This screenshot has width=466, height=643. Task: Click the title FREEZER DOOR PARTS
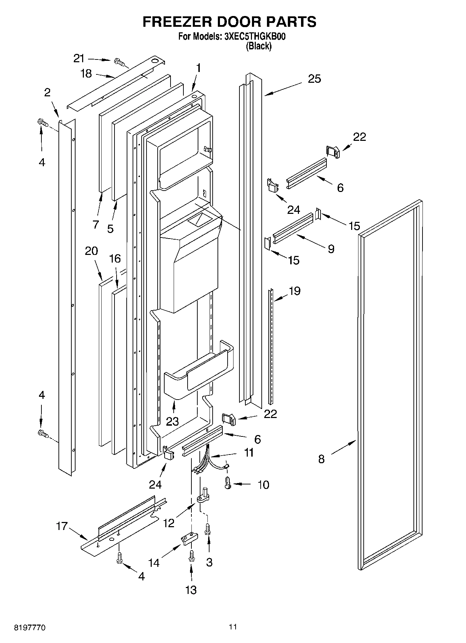[229, 22]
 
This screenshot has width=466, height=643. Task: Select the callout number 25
[314, 79]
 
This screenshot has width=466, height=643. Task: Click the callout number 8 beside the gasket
[321, 459]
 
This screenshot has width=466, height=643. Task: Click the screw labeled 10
[228, 483]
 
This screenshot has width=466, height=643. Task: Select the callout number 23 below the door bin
[172, 421]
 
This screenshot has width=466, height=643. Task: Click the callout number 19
[294, 291]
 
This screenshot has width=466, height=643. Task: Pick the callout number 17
[62, 526]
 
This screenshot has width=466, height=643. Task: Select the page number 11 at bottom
[233, 627]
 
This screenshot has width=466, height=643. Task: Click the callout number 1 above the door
[198, 68]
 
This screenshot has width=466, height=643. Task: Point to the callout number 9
[331, 249]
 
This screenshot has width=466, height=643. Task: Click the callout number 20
[92, 251]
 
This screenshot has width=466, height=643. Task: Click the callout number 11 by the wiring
[249, 453]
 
